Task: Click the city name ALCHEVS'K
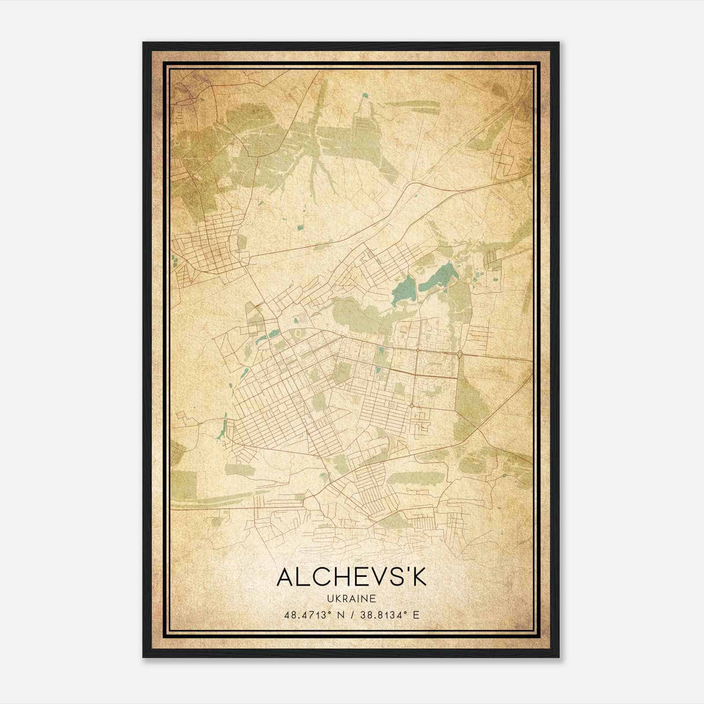click(352, 577)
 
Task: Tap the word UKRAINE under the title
click(352, 599)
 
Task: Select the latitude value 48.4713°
click(307, 615)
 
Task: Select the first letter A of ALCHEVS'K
click(285, 577)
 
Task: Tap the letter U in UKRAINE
click(330, 599)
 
